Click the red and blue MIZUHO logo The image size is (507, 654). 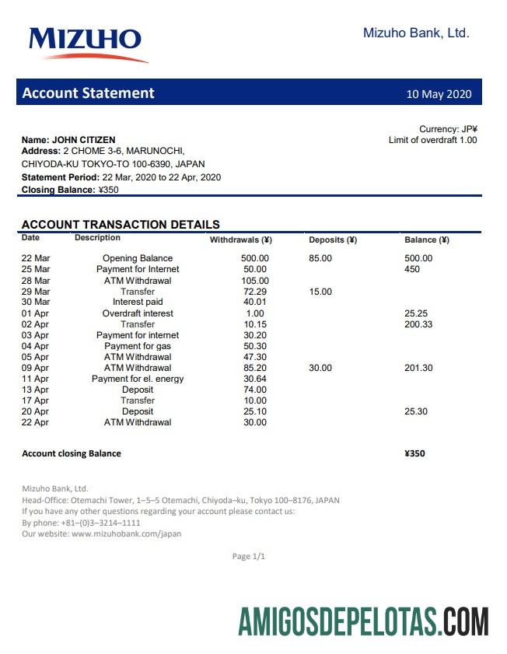(x=87, y=43)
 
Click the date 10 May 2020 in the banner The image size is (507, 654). (x=439, y=94)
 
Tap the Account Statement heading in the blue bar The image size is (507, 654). (x=88, y=93)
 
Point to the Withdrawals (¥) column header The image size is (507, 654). (x=240, y=240)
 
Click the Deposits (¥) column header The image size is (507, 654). (x=332, y=240)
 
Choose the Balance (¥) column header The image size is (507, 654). (x=426, y=240)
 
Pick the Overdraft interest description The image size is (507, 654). (x=138, y=313)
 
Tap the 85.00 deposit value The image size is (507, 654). (x=320, y=258)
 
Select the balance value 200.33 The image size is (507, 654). (x=418, y=324)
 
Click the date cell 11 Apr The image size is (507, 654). (x=35, y=379)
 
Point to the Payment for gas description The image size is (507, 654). (x=138, y=346)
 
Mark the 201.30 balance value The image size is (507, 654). (x=418, y=368)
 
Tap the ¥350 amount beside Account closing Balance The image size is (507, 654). (x=414, y=453)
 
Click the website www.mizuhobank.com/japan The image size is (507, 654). (x=126, y=534)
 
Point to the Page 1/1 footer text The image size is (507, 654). (x=249, y=557)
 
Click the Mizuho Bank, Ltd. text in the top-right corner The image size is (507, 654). (x=416, y=33)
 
